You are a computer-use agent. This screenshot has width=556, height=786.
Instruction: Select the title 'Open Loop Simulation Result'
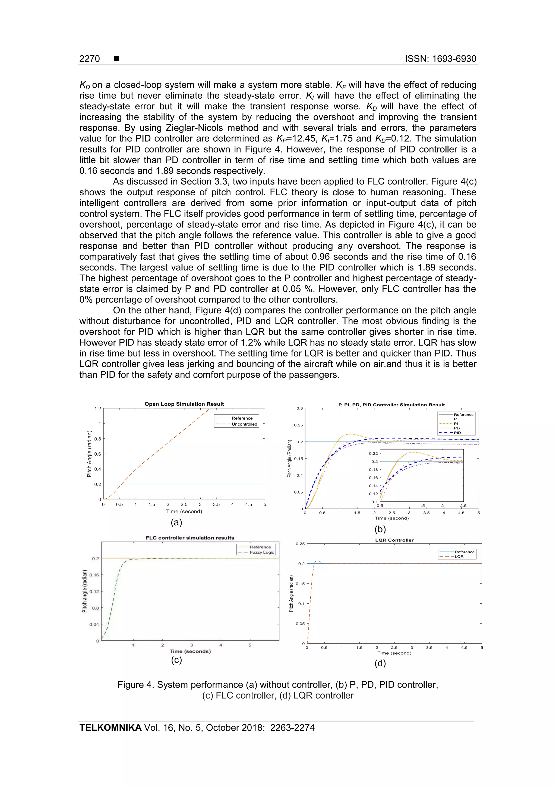click(x=184, y=404)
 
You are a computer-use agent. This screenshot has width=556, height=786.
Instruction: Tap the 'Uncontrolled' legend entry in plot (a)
click(x=244, y=424)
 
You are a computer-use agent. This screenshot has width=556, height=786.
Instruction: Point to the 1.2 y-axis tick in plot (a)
click(x=98, y=408)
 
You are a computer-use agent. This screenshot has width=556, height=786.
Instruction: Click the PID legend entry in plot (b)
click(x=457, y=433)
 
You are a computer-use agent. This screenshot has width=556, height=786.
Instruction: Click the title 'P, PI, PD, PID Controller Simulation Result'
click(x=391, y=405)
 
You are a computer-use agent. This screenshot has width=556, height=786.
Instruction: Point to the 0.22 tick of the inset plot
click(x=373, y=453)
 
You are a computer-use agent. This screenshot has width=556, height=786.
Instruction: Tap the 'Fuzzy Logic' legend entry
click(x=262, y=552)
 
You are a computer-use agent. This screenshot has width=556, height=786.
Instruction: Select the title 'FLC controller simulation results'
click(x=190, y=538)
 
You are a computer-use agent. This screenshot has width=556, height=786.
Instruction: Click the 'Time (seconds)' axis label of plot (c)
click(x=190, y=651)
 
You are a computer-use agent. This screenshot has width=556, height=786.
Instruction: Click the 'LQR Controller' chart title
click(x=394, y=540)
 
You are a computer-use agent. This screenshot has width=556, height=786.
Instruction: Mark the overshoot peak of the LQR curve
click(x=317, y=561)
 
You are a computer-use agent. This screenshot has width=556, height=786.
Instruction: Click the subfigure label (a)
click(x=176, y=522)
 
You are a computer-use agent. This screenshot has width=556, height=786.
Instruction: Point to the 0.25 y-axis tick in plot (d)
click(x=300, y=544)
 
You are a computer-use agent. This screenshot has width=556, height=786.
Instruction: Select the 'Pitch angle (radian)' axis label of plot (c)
click(x=85, y=591)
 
